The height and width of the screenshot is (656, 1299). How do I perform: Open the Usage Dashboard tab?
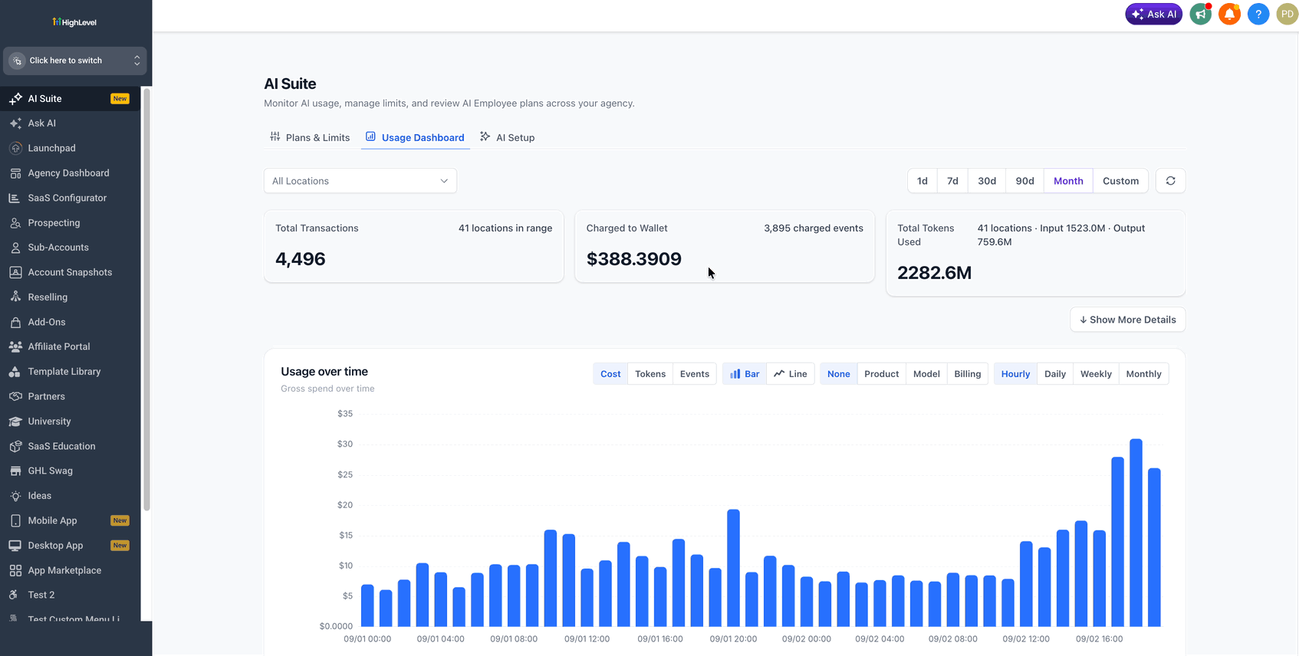(415, 137)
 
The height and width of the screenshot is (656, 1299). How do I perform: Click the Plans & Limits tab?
(310, 137)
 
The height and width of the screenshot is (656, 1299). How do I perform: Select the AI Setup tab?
(508, 137)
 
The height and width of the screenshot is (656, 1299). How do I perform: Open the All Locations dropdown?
(360, 181)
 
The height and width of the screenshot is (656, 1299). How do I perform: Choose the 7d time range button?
(952, 181)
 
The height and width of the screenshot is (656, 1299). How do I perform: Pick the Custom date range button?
(1120, 181)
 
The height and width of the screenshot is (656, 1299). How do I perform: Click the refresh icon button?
(1170, 181)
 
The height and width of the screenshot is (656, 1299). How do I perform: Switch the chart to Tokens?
(650, 374)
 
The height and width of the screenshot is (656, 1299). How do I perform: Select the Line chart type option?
(791, 374)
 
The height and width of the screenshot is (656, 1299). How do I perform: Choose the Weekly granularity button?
(1096, 374)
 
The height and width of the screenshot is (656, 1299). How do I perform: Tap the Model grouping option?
(926, 374)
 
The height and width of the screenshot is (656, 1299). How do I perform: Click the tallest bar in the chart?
(1136, 533)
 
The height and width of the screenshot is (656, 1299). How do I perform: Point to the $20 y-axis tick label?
(344, 505)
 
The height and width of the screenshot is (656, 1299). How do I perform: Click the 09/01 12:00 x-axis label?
(587, 638)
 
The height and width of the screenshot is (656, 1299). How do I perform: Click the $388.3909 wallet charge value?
(634, 259)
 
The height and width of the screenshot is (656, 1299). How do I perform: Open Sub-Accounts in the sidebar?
(58, 248)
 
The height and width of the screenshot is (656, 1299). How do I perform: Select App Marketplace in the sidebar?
(64, 570)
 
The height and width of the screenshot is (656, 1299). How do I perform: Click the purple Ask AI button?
(1153, 15)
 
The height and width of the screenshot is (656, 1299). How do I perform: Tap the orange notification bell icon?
(1228, 15)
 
